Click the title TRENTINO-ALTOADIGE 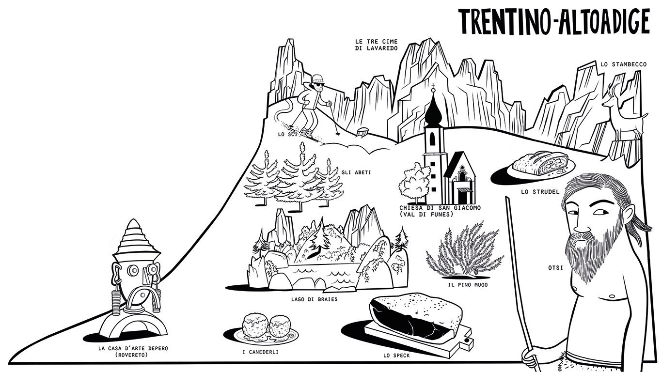[x=554, y=21]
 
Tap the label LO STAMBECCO [x=623, y=64]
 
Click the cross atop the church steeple [x=433, y=88]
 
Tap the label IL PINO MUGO [x=468, y=285]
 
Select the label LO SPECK [x=396, y=356]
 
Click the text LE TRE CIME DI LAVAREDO [x=376, y=45]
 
